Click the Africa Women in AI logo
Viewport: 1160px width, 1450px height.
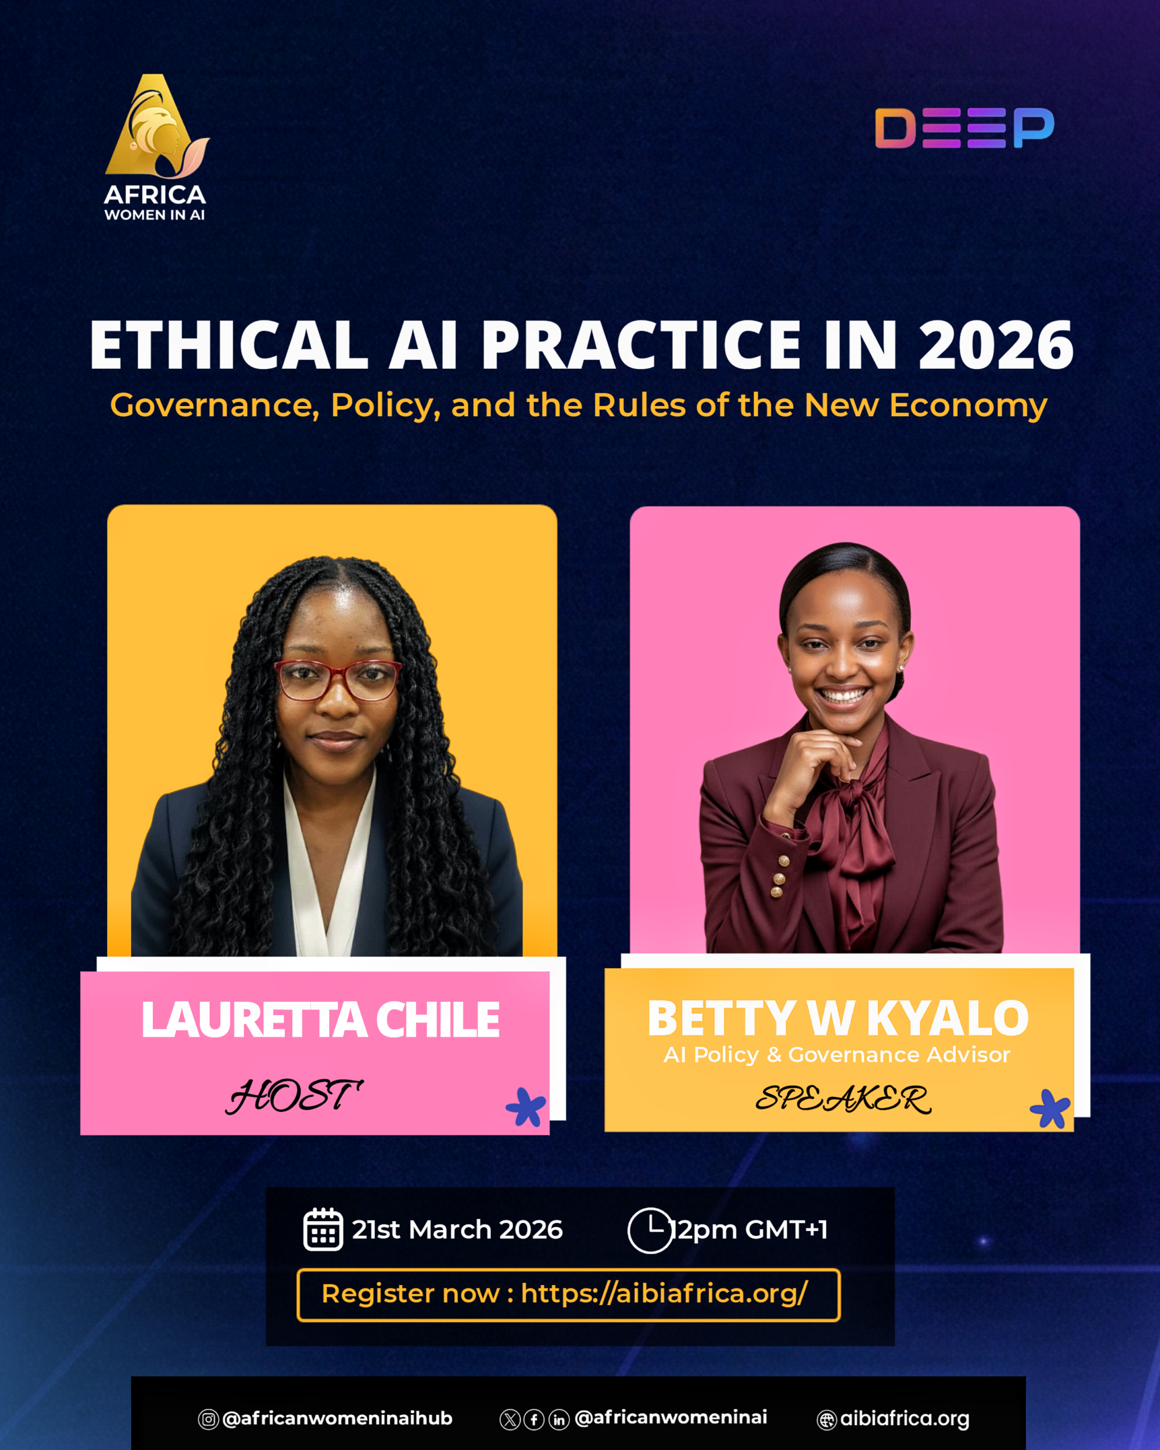pyautogui.click(x=155, y=147)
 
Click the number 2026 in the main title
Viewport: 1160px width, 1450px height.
pyautogui.click(x=995, y=345)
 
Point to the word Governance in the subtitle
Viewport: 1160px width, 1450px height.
pyautogui.click(x=214, y=406)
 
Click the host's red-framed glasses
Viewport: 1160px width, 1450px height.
pyautogui.click(x=338, y=679)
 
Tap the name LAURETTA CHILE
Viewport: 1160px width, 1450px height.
pyautogui.click(x=320, y=1020)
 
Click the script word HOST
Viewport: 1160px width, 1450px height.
pyautogui.click(x=294, y=1096)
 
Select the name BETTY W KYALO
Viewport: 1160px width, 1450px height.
pyautogui.click(x=838, y=1018)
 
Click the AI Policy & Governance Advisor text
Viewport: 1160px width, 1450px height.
pyautogui.click(x=837, y=1055)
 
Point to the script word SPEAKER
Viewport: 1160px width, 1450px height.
pyautogui.click(x=843, y=1099)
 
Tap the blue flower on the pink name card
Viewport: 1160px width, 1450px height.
pyautogui.click(x=526, y=1106)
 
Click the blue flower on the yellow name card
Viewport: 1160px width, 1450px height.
pyautogui.click(x=1050, y=1108)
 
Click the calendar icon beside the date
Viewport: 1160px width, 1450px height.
pyautogui.click(x=323, y=1230)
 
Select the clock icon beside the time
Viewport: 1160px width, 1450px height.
pyautogui.click(x=650, y=1230)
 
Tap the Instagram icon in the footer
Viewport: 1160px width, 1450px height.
pyautogui.click(x=208, y=1419)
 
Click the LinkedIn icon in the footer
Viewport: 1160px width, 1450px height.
pyautogui.click(x=559, y=1419)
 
